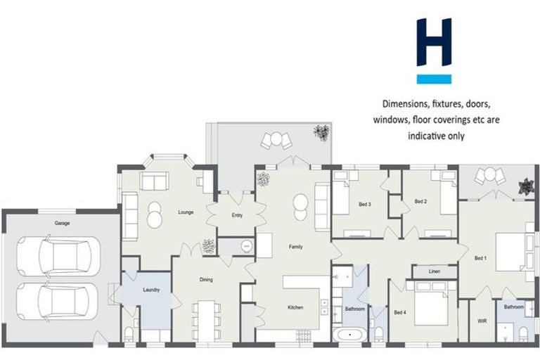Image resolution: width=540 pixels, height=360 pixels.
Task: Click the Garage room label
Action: (63, 223)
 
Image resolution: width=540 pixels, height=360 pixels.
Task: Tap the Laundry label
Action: (151, 290)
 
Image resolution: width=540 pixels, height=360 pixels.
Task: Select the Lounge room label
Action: (186, 212)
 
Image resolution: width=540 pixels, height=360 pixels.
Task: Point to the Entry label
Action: (237, 216)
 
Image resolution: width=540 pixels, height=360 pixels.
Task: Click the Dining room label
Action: (206, 280)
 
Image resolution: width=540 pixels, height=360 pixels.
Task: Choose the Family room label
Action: (295, 247)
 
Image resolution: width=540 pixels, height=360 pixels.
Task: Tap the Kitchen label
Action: (295, 308)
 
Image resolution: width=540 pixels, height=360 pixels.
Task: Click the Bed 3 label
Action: (364, 205)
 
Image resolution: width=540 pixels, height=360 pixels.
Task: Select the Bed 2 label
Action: (420, 202)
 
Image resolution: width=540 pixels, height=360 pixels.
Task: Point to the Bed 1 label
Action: (480, 257)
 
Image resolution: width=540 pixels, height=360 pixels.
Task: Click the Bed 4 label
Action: (399, 312)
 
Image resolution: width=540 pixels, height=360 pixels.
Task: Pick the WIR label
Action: (482, 322)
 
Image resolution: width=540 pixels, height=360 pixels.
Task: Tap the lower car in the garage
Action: (60, 302)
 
